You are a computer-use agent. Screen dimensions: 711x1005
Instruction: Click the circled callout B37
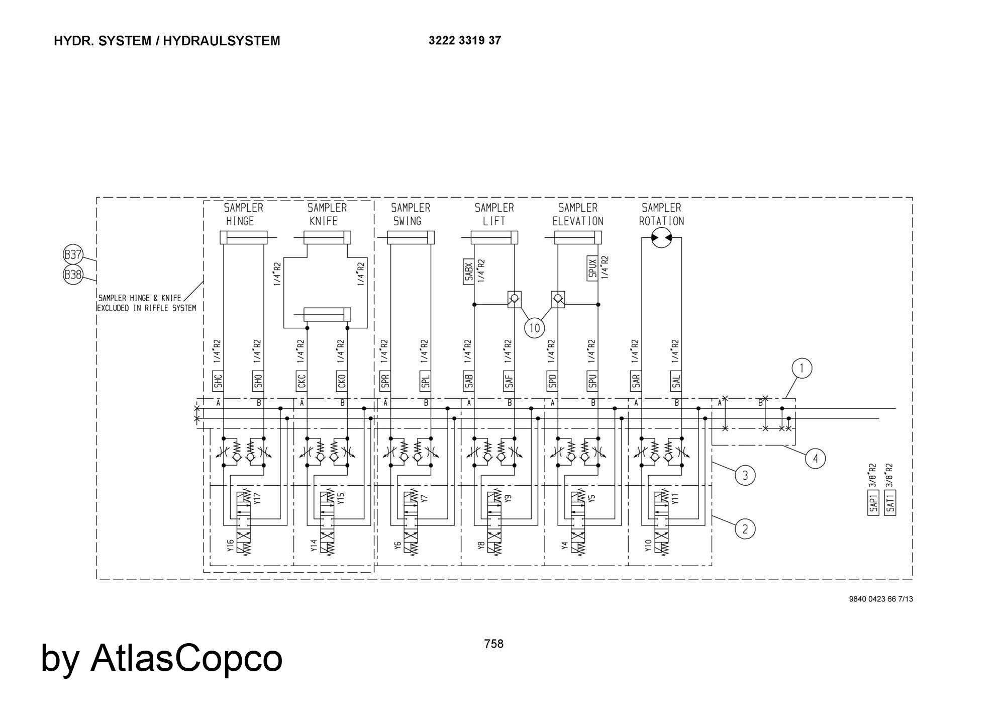pyautogui.click(x=73, y=255)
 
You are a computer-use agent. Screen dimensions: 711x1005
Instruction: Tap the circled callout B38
pyautogui.click(x=73, y=275)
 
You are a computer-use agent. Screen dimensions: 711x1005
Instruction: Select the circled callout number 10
pyautogui.click(x=534, y=328)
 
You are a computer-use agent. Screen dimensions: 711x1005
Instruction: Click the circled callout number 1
pyautogui.click(x=801, y=369)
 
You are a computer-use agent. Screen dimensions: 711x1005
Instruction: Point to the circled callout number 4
pyautogui.click(x=815, y=459)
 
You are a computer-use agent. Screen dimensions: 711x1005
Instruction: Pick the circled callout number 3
pyautogui.click(x=745, y=475)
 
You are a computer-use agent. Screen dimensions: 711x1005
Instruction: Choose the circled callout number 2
pyautogui.click(x=745, y=529)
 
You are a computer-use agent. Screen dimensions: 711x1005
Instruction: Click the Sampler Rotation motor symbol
pyautogui.click(x=661, y=237)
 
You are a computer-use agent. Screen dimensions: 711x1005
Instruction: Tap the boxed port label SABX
pyautogui.click(x=468, y=272)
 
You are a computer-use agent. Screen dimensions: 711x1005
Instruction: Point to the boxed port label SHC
pyautogui.click(x=218, y=382)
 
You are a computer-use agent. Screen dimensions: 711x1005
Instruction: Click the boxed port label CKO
pyautogui.click(x=342, y=382)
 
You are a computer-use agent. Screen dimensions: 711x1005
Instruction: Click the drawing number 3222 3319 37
pyautogui.click(x=465, y=41)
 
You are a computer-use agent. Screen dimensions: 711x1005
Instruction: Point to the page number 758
pyautogui.click(x=493, y=644)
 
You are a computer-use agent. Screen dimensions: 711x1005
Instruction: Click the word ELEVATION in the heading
pyautogui.click(x=578, y=221)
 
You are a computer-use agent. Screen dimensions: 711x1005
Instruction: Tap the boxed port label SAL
pyautogui.click(x=676, y=382)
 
